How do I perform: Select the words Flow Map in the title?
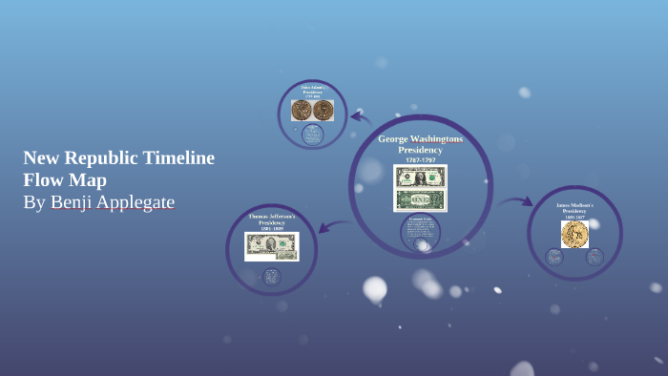65,180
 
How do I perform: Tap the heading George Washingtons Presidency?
420,144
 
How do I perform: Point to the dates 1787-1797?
420,159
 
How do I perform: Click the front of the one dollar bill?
420,178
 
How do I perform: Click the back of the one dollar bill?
420,199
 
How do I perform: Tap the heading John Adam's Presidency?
312,92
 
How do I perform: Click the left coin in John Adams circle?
302,110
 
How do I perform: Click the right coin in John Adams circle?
323,110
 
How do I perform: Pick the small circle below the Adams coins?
312,135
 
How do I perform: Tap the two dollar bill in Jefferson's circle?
272,246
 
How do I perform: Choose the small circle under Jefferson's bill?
272,277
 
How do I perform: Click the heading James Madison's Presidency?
574,209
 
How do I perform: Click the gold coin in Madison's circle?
574,234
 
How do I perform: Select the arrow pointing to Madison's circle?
516,201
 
